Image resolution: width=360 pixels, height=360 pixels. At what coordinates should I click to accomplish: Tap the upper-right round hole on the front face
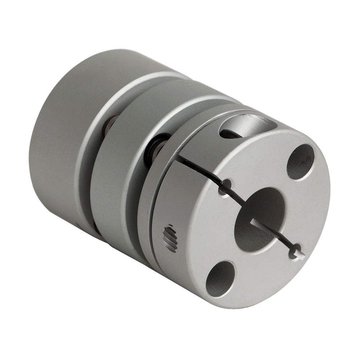300,162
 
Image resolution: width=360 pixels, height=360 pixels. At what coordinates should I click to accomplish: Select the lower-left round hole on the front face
220,279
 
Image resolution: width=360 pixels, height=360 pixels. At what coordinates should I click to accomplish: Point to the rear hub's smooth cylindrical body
61,137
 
